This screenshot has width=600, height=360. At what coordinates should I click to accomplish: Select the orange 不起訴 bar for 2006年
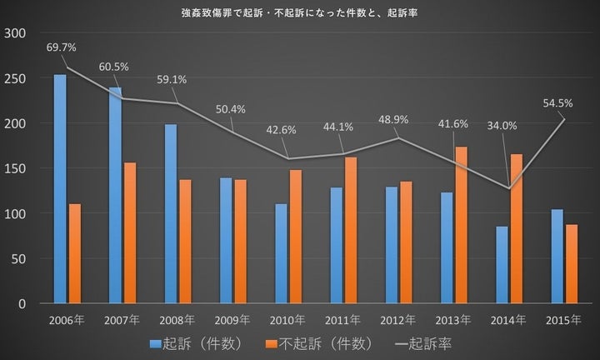pyautogui.click(x=75, y=253)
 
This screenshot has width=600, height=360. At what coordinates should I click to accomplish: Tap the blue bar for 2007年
pyautogui.click(x=115, y=195)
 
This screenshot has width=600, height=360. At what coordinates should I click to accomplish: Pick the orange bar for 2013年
pyautogui.click(x=462, y=225)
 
